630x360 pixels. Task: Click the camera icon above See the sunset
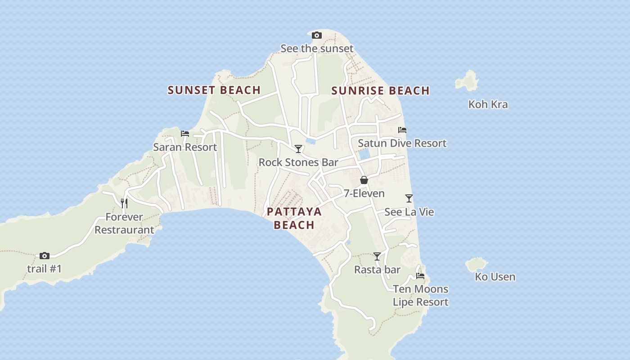point(317,36)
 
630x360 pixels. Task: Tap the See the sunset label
point(317,48)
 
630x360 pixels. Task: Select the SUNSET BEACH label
point(214,90)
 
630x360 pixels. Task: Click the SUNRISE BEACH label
point(380,91)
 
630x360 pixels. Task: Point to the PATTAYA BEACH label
point(294,218)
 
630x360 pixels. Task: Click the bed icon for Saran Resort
point(185,134)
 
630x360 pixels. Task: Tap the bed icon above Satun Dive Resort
point(402,130)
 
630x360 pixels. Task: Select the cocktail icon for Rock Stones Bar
point(298,149)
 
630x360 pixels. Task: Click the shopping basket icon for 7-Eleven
point(364,180)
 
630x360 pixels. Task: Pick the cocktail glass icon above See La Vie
point(409,198)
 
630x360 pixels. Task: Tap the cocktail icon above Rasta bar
point(377,256)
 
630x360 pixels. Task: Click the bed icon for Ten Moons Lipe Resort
point(420,275)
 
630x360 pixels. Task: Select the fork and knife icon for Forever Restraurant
point(124,203)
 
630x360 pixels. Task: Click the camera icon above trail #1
point(44,256)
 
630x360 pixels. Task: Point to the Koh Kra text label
point(488,104)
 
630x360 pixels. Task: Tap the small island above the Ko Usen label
point(477,265)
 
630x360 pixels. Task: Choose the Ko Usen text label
point(495,277)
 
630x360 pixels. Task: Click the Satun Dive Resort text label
point(402,143)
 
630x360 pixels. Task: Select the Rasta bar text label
point(377,270)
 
